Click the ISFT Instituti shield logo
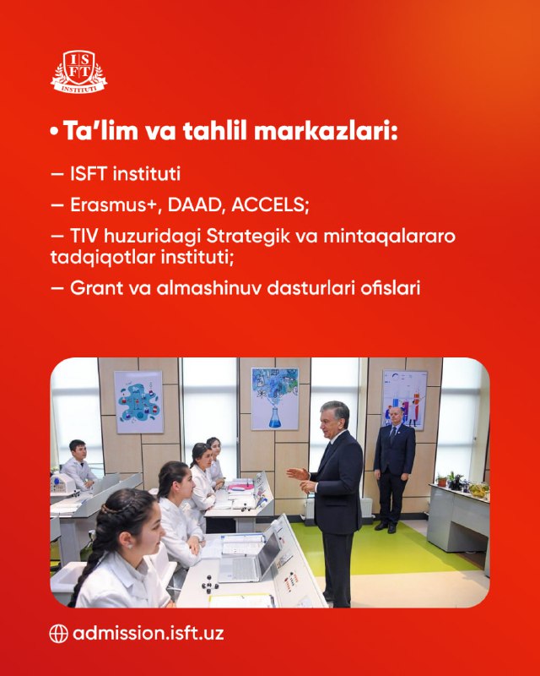78,71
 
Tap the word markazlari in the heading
326,131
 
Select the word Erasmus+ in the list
116,204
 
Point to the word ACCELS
270,204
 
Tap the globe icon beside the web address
58,634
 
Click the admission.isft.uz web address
148,633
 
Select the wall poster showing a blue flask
275,398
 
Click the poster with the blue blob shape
138,402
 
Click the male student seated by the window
78,466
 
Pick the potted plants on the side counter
462,483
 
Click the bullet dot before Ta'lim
54,132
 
